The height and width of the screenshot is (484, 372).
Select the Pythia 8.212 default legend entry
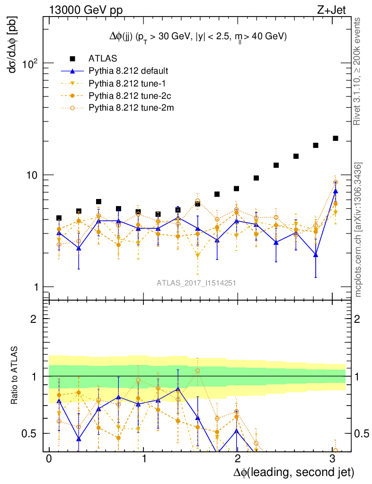(x=129, y=71)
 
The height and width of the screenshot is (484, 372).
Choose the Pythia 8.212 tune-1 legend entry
(x=125, y=83)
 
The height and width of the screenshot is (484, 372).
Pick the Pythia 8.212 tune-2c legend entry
(x=127, y=95)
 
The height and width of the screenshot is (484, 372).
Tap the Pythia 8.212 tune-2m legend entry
(x=128, y=108)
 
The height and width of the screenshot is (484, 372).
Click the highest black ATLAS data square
(x=335, y=138)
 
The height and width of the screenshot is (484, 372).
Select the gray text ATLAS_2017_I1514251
(x=196, y=283)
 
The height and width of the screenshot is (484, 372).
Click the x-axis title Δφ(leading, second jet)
(x=293, y=472)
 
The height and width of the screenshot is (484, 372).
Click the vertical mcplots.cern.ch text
(x=359, y=229)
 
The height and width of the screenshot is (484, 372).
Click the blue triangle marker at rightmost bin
(x=335, y=191)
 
